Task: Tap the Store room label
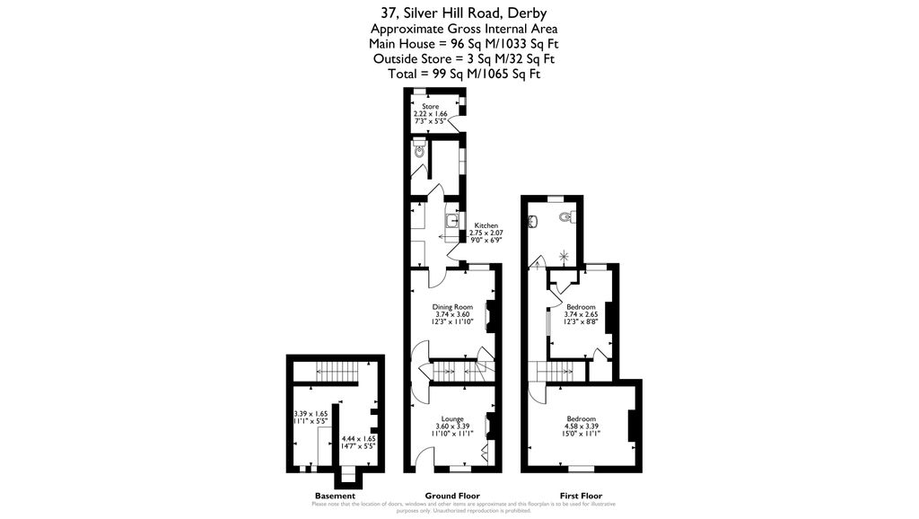431,107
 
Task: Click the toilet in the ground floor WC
419,152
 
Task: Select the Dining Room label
452,307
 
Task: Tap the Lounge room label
452,418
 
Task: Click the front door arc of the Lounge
423,460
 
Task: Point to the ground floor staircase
453,369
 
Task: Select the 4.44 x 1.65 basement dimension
357,438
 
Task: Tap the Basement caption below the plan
335,497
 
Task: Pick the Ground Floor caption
452,497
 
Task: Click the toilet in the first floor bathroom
565,216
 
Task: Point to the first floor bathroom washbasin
534,220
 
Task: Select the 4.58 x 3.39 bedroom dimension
582,427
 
